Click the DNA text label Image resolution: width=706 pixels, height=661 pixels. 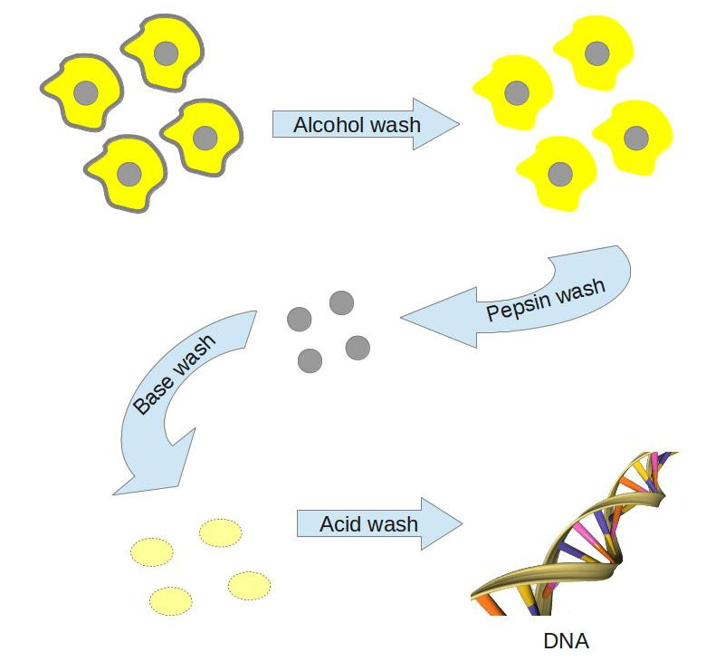pyautogui.click(x=566, y=641)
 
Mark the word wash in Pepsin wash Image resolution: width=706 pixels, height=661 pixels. pyautogui.click(x=578, y=292)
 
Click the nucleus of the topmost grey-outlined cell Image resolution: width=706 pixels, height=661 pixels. pyautogui.click(x=165, y=53)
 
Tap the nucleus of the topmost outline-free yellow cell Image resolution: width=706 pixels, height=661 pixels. pyautogui.click(x=596, y=53)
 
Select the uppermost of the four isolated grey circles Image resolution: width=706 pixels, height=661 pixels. pyautogui.click(x=341, y=302)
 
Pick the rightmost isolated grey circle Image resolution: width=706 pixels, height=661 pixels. pyautogui.click(x=358, y=347)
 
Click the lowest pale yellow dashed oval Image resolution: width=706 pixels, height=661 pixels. pyautogui.click(x=171, y=600)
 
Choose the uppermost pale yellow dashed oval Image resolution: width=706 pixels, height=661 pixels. pyautogui.click(x=221, y=532)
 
